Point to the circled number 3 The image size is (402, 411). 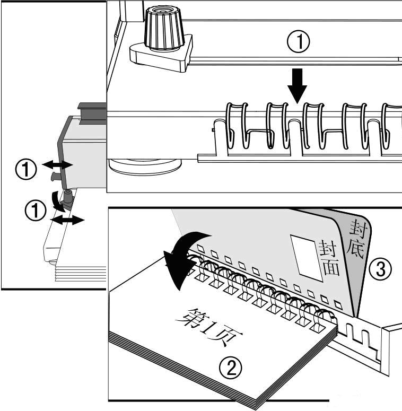(381, 270)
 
